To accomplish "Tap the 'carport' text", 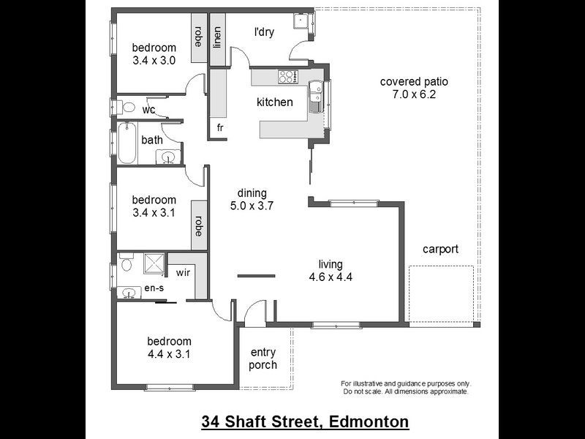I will (440, 249).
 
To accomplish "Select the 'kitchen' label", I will (274, 102).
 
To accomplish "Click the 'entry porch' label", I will (263, 359).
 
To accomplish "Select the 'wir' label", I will (183, 272).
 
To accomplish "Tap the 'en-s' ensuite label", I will (154, 289).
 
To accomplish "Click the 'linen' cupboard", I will (217, 37).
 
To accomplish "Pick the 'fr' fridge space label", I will (219, 128).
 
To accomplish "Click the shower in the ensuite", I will (154, 263).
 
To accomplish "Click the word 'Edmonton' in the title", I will (369, 422).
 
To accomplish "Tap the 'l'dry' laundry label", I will (263, 32).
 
